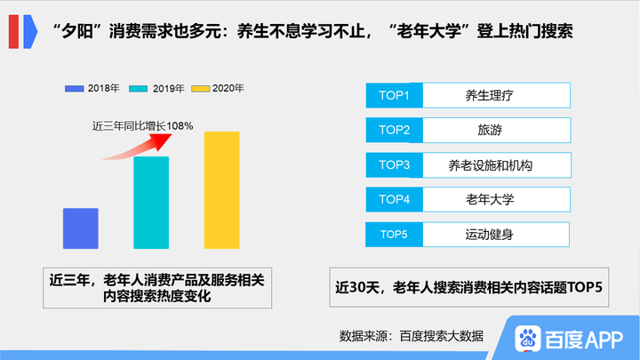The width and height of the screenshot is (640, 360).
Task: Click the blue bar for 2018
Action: pyautogui.click(x=80, y=228)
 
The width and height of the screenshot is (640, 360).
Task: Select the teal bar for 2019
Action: pyautogui.click(x=151, y=203)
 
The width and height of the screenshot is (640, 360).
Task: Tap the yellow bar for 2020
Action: pyautogui.click(x=221, y=190)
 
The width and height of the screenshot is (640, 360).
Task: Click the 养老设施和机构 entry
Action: pyautogui.click(x=495, y=165)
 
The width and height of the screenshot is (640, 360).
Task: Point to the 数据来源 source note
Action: pyautogui.click(x=411, y=335)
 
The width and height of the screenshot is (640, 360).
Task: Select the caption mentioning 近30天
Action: pyautogui.click(x=469, y=287)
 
